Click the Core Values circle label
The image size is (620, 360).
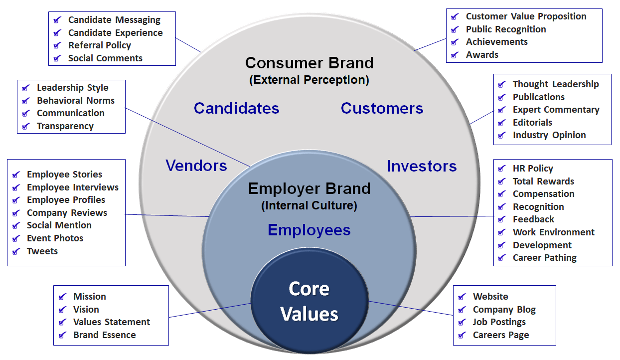[x=309, y=302]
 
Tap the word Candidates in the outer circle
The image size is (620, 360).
[x=236, y=108]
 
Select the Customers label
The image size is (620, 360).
[x=382, y=108]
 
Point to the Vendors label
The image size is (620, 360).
[x=196, y=166]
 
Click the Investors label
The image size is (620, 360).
[x=422, y=166]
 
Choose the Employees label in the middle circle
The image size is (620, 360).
[x=309, y=230]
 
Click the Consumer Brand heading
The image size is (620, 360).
[x=309, y=63]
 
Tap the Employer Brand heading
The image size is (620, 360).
[x=309, y=188]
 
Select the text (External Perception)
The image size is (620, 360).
[x=309, y=80]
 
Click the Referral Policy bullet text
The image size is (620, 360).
[x=99, y=45]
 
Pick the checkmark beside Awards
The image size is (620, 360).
[x=455, y=55]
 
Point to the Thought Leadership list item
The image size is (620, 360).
[x=555, y=84]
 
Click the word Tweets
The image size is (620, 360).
[x=42, y=251]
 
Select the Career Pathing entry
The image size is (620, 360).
[x=544, y=258]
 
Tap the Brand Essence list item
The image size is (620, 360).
[x=104, y=335]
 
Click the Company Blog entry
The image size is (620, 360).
[x=504, y=310]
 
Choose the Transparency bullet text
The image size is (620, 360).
[x=65, y=126]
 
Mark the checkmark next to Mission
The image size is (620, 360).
[x=62, y=297]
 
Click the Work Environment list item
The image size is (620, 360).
[x=553, y=232]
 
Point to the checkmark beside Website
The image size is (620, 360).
[x=462, y=297]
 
